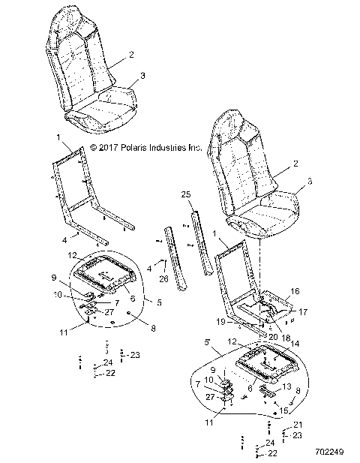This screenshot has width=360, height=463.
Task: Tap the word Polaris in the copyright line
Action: coord(138,148)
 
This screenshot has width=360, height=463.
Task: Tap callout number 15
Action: coord(283,410)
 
